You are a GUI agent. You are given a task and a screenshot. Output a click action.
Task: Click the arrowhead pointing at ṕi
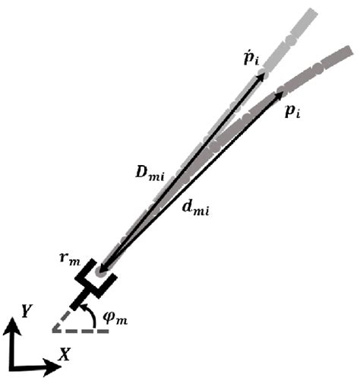pos(263,74)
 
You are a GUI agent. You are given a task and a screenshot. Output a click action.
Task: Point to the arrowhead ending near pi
pos(280,97)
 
